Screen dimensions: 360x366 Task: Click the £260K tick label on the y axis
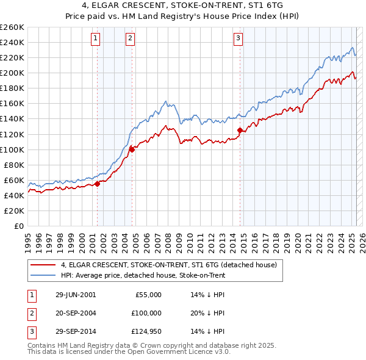tap(12, 27)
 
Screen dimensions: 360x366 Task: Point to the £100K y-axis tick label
tap(12, 149)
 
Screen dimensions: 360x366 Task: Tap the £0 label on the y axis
tap(18, 226)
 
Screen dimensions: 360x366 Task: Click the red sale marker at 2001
tap(97, 184)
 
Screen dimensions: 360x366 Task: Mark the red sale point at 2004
tap(132, 149)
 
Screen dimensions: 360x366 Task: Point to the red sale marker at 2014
tap(240, 130)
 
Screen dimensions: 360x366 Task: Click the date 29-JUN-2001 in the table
tap(76, 295)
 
